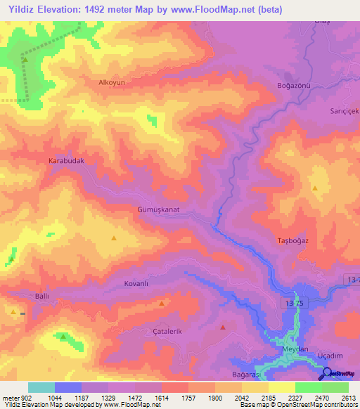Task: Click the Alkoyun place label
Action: point(111,82)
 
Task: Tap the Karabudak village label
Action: point(66,161)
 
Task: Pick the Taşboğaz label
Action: point(292,240)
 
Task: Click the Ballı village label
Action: point(41,297)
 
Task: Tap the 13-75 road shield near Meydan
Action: point(296,302)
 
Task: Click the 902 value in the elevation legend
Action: point(22,397)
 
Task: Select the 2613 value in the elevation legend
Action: point(349,397)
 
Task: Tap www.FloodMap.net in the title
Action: point(219,8)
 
